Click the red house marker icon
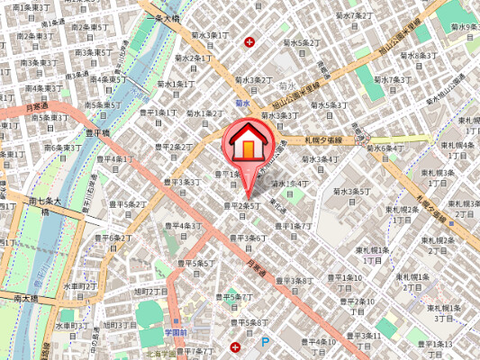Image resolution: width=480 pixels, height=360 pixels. [246, 144]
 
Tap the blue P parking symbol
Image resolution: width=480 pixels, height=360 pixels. [265, 342]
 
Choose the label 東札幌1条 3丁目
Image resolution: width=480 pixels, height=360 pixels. [442, 312]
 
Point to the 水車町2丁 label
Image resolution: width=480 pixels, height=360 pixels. [80, 286]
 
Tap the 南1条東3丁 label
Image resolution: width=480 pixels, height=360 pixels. [34, 7]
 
